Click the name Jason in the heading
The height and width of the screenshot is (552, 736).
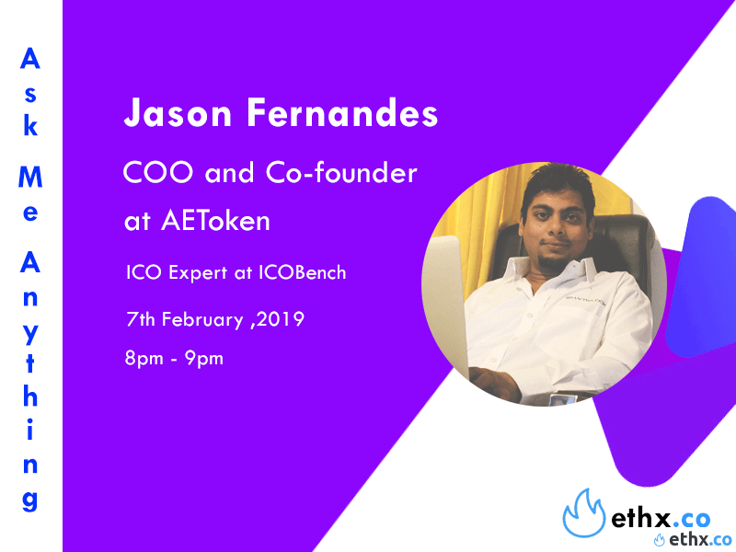178,112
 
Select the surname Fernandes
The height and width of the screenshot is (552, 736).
342,112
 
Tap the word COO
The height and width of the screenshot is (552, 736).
158,172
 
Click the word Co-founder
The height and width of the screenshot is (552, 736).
341,171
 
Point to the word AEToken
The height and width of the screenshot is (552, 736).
215,220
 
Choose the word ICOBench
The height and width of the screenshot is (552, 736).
303,272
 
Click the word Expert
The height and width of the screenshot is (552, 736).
198,273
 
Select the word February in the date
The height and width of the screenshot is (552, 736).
202,320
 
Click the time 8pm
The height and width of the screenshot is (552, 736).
144,359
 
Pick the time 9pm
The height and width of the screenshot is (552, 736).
203,359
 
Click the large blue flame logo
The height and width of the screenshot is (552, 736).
584,513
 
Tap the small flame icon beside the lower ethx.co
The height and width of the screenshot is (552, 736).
660,540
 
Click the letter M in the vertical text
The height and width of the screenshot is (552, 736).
30,177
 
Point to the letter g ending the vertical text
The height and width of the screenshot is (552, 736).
29,500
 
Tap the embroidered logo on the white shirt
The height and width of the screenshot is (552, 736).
585,300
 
